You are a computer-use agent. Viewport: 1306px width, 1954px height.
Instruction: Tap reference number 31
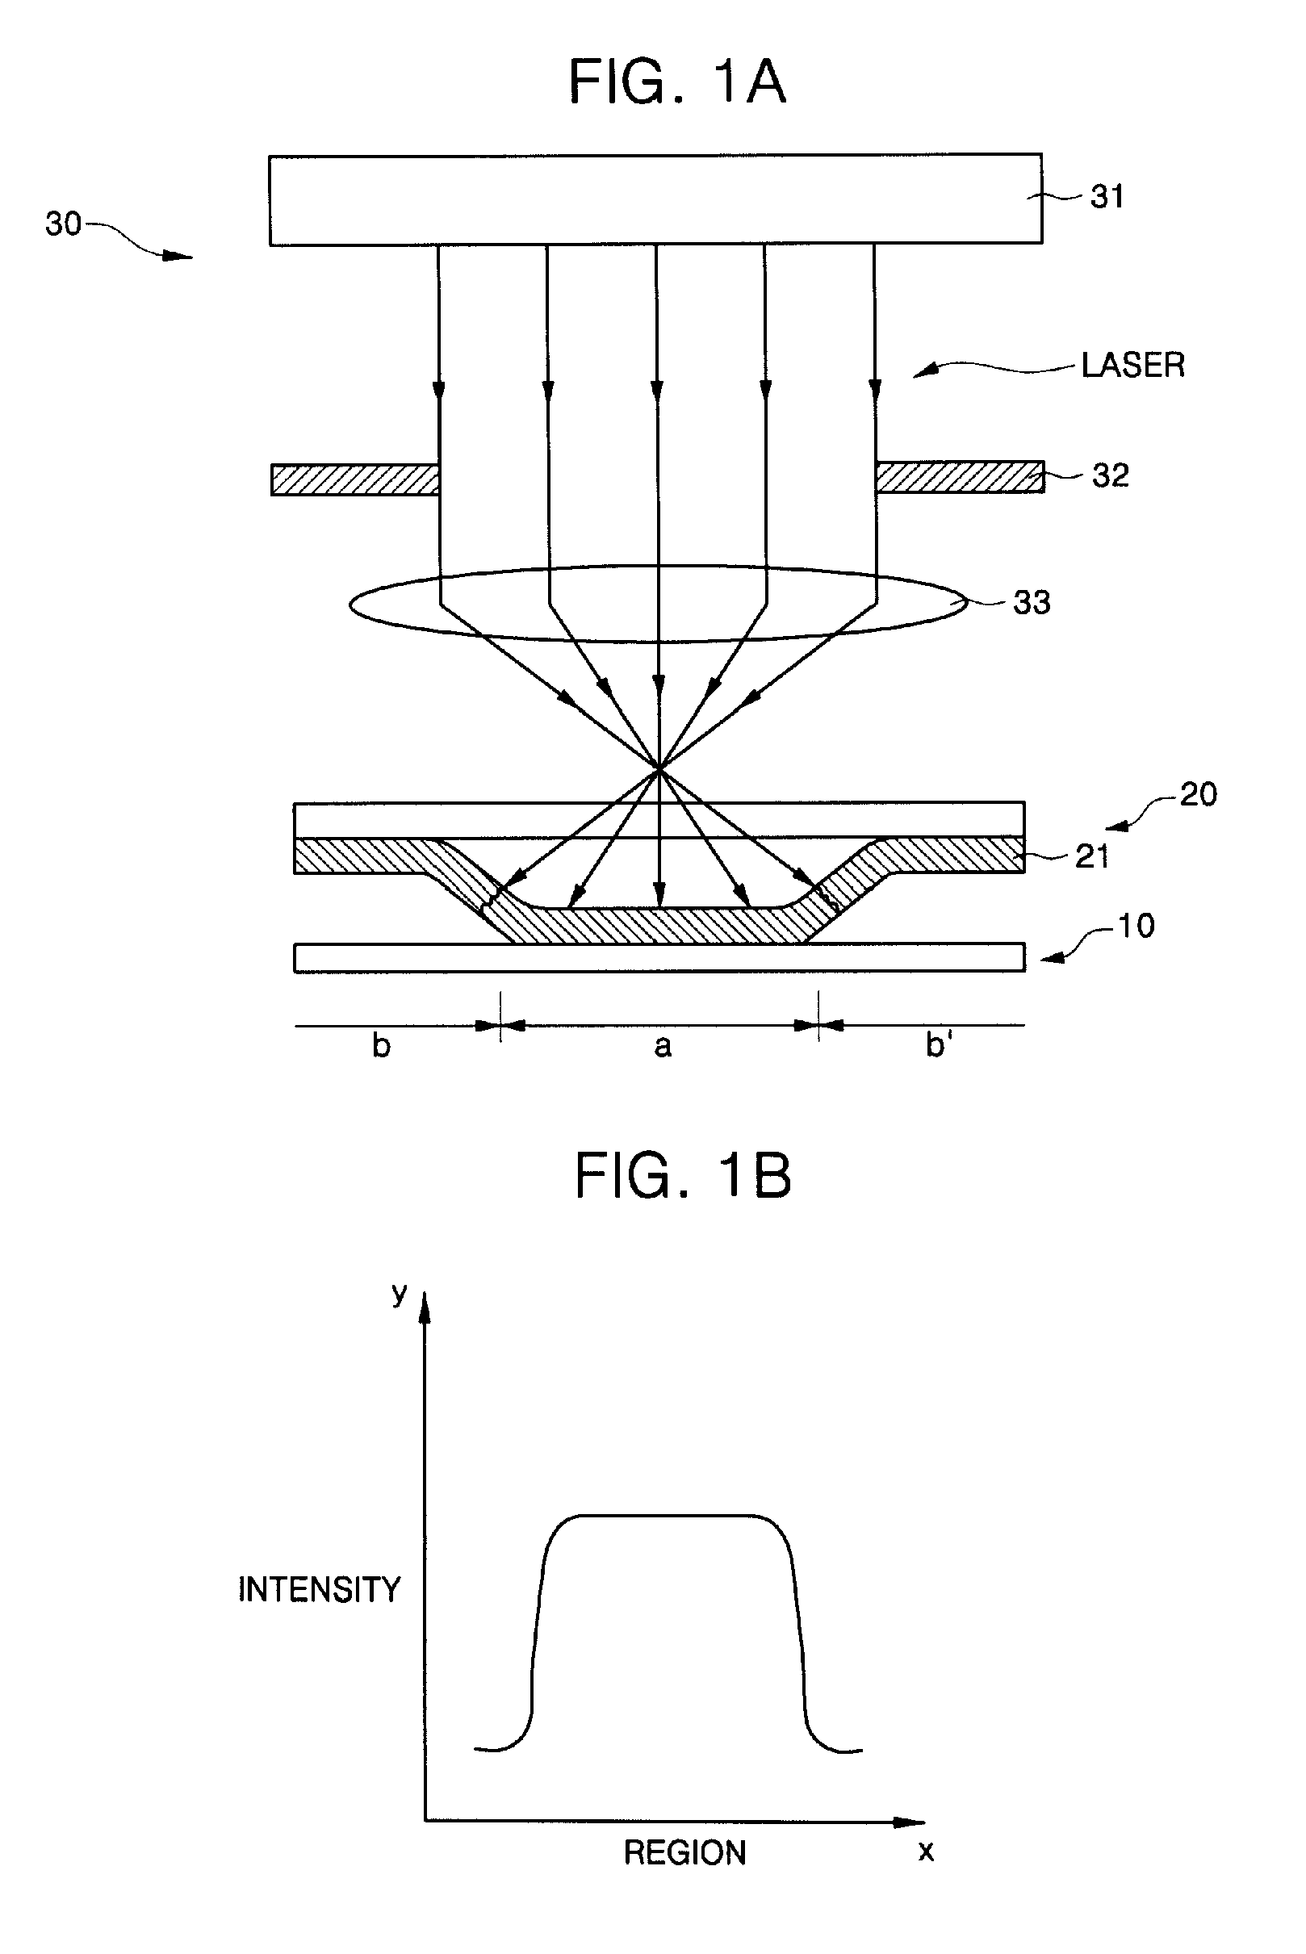coord(1107,197)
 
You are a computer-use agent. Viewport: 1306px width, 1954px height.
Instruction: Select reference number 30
coord(63,224)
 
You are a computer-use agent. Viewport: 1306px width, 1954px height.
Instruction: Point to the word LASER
coord(1132,365)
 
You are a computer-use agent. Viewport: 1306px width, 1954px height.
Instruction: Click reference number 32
coord(1111,475)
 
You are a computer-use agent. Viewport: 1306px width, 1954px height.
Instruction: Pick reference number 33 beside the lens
coord(1031,602)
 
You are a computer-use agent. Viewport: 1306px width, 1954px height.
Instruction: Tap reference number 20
coord(1199,793)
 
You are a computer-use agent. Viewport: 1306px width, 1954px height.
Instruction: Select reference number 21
coord(1092,856)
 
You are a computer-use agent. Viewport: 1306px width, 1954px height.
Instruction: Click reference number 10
coord(1136,926)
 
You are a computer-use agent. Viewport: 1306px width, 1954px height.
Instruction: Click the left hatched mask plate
coord(355,479)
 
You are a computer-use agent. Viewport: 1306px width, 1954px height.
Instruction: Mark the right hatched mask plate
coord(960,477)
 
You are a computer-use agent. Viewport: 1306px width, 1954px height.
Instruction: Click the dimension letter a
coord(662,1045)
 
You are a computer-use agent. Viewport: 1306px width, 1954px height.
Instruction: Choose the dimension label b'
coord(939,1044)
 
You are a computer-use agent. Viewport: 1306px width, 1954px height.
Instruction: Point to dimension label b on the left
coord(381,1045)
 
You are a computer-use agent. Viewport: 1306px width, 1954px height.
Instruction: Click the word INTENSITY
coord(320,1589)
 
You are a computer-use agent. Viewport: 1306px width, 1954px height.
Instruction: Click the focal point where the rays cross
coord(659,768)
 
